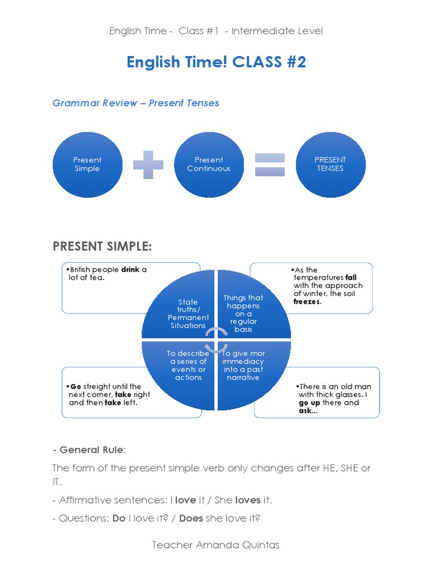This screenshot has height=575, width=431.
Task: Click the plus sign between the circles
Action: coord(148,165)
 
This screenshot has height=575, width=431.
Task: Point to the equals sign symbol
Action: coord(270,165)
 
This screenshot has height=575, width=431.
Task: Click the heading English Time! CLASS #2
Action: coord(216,62)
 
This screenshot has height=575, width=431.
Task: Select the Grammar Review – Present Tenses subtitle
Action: coord(136,103)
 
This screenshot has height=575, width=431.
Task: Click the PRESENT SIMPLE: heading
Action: coord(102,247)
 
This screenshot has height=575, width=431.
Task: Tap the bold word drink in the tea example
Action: coord(130,270)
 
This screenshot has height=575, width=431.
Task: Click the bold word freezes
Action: coord(308,302)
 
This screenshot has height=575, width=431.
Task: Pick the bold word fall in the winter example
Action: coord(351,277)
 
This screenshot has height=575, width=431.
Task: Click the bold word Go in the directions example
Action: coord(76,386)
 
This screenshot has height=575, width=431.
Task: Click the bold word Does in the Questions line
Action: coord(191,518)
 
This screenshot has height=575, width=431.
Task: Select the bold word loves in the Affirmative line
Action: coord(247,500)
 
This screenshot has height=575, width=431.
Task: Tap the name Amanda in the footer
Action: coord(214,545)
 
